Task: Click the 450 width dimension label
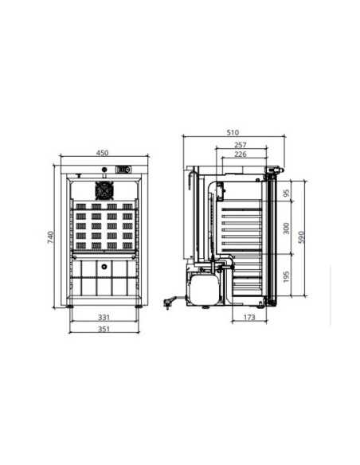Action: [102, 153]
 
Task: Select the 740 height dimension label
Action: [51, 237]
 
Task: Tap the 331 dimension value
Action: [104, 318]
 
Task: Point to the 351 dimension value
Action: [104, 329]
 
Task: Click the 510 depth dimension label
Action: [233, 132]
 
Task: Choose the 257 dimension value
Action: [241, 145]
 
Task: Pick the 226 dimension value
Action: [241, 154]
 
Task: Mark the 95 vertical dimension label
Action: [286, 193]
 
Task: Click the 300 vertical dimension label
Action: [286, 229]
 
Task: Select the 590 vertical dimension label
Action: [301, 237]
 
